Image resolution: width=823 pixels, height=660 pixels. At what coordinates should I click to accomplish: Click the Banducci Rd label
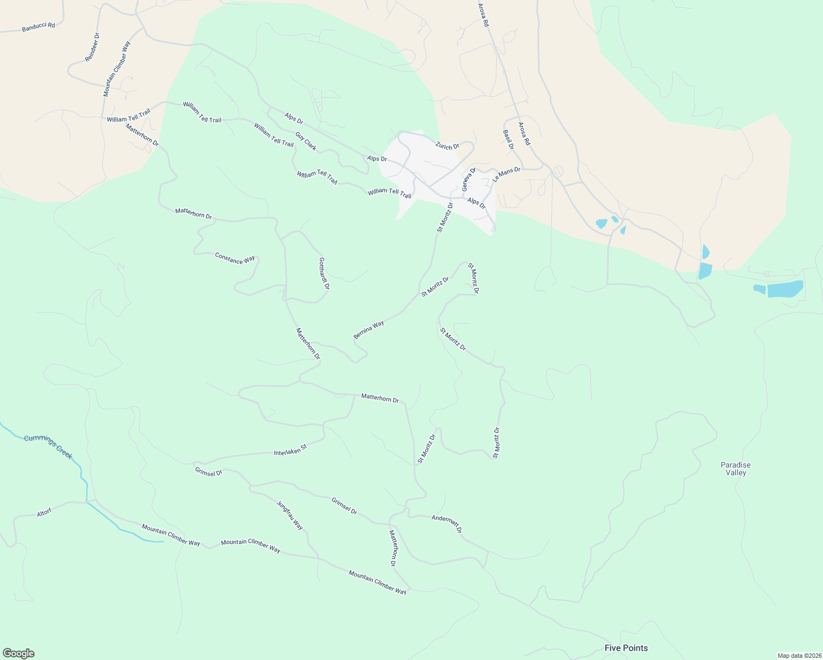click(39, 26)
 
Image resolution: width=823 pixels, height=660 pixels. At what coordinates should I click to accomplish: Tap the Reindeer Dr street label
click(92, 47)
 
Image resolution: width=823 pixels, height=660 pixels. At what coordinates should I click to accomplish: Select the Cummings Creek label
click(48, 447)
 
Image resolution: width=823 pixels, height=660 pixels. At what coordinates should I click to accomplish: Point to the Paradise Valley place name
click(736, 469)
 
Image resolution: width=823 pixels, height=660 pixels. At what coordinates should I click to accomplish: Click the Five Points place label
click(626, 648)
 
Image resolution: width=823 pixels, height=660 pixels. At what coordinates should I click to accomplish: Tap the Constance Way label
click(235, 258)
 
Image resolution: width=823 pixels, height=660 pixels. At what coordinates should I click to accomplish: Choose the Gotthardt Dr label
click(324, 273)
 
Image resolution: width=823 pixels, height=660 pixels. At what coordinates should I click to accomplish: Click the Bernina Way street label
click(369, 329)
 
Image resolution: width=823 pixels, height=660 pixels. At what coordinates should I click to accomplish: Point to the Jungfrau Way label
click(289, 515)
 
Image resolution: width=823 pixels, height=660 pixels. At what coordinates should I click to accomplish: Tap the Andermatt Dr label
click(446, 524)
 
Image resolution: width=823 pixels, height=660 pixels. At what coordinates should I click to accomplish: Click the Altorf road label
click(44, 513)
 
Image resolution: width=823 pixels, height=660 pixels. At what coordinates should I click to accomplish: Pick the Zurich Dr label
click(447, 146)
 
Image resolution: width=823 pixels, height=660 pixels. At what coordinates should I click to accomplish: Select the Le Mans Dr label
click(506, 174)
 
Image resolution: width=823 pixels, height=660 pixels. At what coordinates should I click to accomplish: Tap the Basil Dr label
click(508, 140)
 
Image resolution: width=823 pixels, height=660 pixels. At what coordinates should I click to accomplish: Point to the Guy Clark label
click(306, 141)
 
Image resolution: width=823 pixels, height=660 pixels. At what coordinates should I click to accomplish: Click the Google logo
click(19, 653)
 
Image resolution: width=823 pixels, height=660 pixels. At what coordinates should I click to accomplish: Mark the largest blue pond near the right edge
click(785, 289)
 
